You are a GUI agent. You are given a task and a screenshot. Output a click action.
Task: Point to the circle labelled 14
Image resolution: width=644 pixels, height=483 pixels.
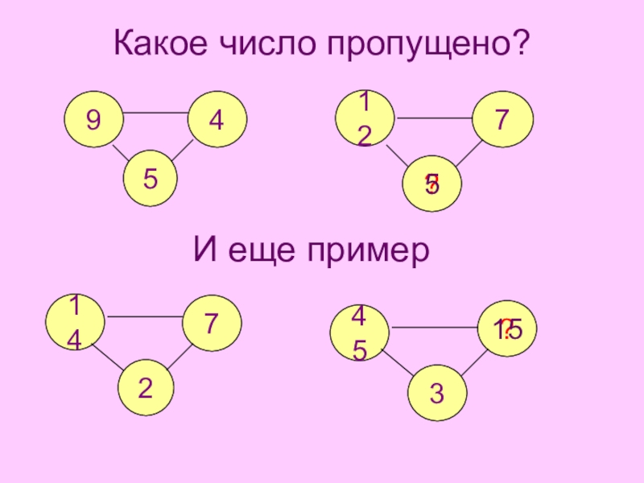(x=74, y=322)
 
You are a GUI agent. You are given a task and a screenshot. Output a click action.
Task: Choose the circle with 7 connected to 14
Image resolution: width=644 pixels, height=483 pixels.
(x=212, y=324)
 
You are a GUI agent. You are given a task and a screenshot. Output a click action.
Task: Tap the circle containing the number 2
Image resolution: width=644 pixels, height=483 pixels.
(x=147, y=388)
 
